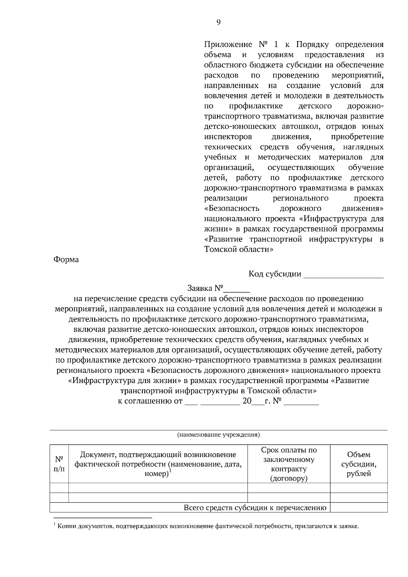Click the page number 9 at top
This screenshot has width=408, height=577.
[218, 22]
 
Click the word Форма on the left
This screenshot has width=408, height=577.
[66, 260]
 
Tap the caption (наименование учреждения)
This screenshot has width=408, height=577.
[219, 435]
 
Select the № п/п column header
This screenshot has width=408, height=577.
[59, 464]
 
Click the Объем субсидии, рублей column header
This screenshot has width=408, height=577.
[359, 464]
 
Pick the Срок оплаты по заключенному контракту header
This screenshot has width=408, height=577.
[289, 464]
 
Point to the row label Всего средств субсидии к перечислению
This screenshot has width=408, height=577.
[255, 508]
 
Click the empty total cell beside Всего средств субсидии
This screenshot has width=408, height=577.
[359, 508]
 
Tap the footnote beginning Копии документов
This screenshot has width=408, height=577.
[207, 526]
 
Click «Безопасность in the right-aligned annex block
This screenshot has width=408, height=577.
[232, 208]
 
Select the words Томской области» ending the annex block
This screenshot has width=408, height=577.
[239, 249]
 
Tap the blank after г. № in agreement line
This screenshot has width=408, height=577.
[301, 402]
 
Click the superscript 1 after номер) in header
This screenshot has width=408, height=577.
[170, 471]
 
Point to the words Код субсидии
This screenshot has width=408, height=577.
[275, 274]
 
